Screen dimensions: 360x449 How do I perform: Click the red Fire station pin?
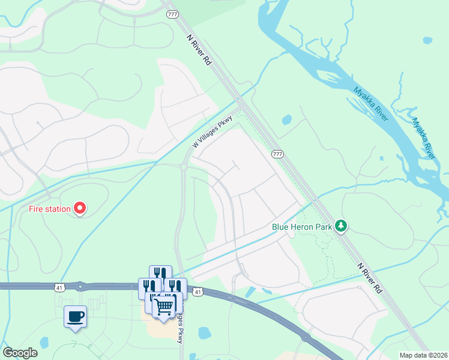pyautogui.click(x=80, y=208)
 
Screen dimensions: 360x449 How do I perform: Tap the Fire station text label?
pyautogui.click(x=50, y=209)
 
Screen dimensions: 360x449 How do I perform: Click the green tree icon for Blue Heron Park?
pyautogui.click(x=342, y=226)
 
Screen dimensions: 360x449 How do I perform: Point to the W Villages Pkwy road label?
pyautogui.click(x=211, y=133)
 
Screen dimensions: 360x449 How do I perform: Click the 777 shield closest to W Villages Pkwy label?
pyautogui.click(x=277, y=154)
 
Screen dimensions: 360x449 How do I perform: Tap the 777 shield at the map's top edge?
pyautogui.click(x=173, y=14)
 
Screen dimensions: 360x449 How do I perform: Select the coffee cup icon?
pyautogui.click(x=75, y=316)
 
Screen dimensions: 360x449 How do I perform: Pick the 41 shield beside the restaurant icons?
pyautogui.click(x=197, y=292)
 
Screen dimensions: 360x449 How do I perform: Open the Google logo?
pyautogui.click(x=20, y=353)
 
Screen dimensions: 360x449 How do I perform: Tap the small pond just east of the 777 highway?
pyautogui.click(x=287, y=119)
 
